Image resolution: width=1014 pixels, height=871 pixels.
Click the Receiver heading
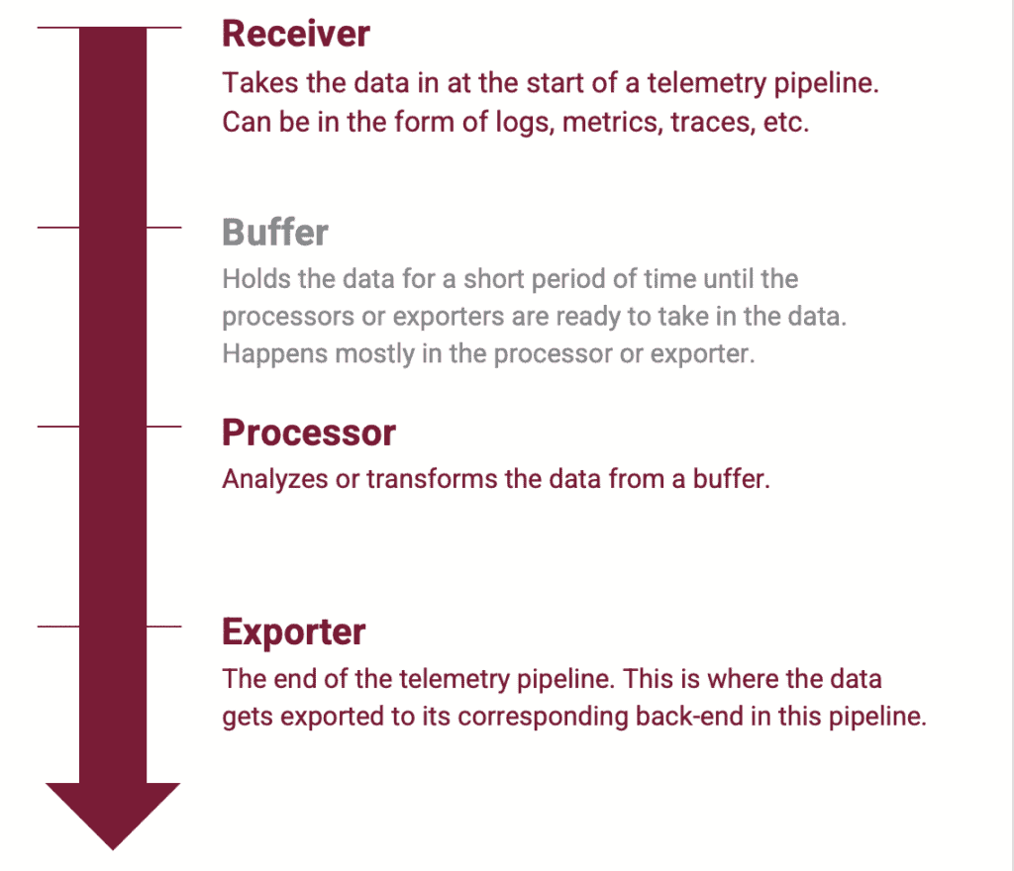(x=295, y=34)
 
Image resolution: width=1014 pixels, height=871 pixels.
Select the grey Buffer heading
(x=274, y=233)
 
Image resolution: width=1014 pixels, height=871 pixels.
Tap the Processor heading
(x=308, y=433)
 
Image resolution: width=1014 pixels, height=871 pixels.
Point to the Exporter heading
(x=293, y=631)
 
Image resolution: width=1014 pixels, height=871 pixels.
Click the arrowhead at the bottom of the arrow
(x=113, y=812)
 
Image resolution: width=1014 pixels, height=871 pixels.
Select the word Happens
(x=266, y=354)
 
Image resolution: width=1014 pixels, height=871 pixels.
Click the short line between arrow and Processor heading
(x=164, y=427)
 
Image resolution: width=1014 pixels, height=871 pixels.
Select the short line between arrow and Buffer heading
(x=164, y=228)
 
